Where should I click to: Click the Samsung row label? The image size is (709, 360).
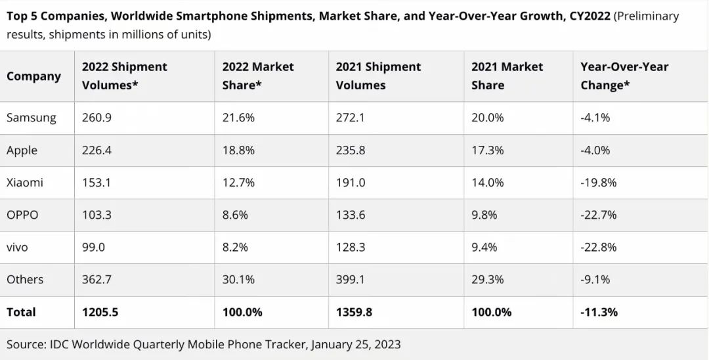[32, 118]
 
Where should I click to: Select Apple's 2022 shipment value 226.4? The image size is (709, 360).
[97, 150]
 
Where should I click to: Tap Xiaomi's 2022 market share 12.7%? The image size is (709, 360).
[238, 183]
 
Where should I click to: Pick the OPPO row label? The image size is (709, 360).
[22, 215]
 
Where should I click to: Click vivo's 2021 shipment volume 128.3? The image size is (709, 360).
[351, 247]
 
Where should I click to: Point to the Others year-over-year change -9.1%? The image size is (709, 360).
[595, 279]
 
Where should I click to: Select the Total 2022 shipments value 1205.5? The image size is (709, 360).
[100, 312]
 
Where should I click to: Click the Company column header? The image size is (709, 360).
[33, 76]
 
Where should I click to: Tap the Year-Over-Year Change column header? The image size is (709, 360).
[624, 76]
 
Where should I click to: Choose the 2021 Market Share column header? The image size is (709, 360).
[507, 76]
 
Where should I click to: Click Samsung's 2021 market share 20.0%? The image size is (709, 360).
[488, 118]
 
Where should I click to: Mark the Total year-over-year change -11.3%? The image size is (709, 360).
[599, 312]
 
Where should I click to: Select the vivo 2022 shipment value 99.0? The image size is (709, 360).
[93, 247]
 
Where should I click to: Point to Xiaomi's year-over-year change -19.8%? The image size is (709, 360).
[598, 183]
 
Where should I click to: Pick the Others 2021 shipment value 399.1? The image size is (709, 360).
[351, 279]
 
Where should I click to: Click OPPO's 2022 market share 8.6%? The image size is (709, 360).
[235, 215]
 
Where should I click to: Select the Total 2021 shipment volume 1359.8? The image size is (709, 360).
[354, 312]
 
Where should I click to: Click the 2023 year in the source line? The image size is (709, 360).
[386, 344]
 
